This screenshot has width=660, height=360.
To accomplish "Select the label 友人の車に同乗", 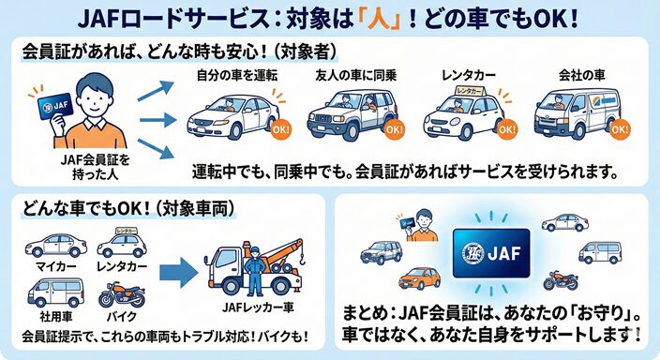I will pyautogui.click(x=348, y=74).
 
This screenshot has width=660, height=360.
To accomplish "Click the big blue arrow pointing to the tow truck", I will pyautogui.click(x=180, y=273).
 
